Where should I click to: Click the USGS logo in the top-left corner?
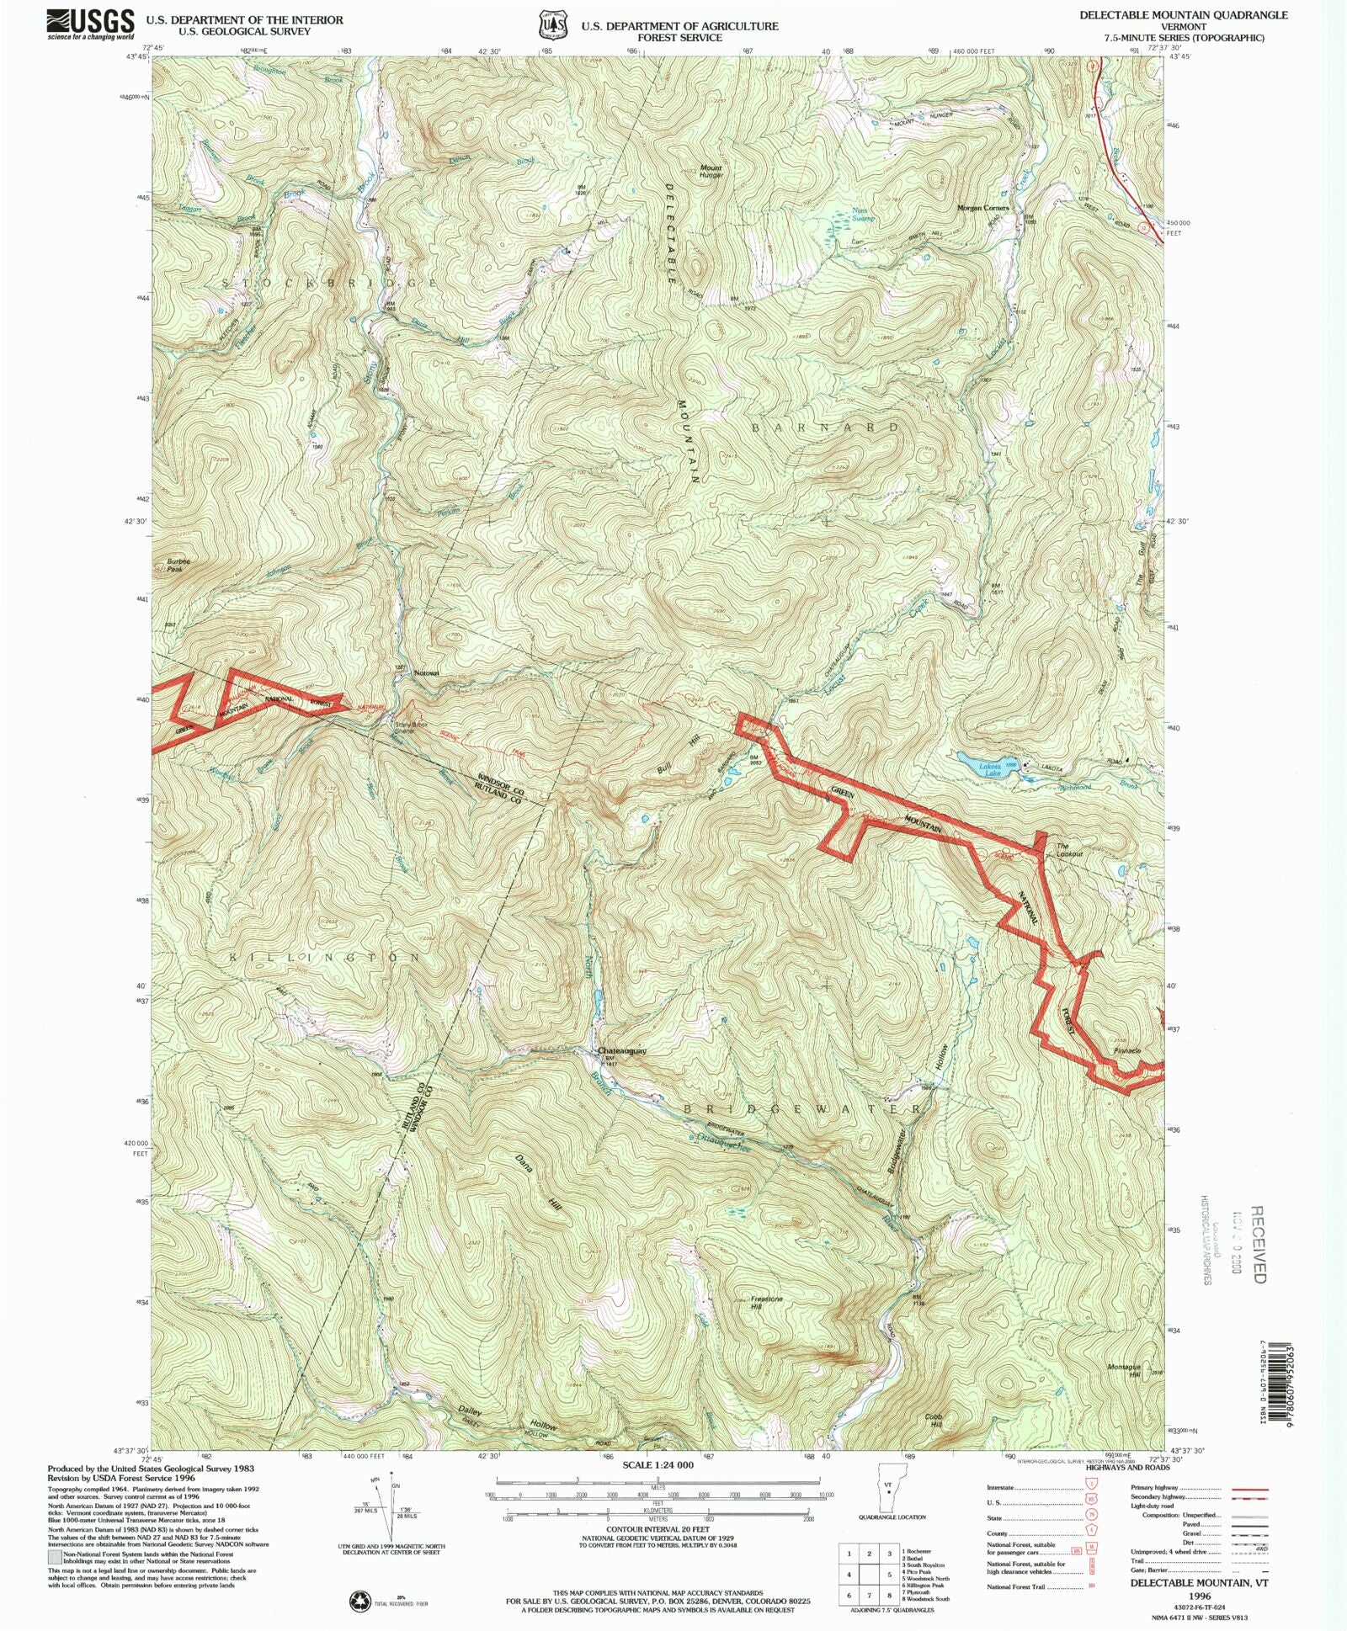[90, 24]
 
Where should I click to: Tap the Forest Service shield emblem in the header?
[553, 25]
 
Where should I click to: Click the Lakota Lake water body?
[984, 766]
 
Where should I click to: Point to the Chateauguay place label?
[622, 1051]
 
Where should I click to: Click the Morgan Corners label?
[982, 208]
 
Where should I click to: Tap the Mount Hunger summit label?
[711, 171]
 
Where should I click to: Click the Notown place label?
[427, 673]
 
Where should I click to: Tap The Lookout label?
[1069, 850]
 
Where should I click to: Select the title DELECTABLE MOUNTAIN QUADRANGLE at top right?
[1184, 15]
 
